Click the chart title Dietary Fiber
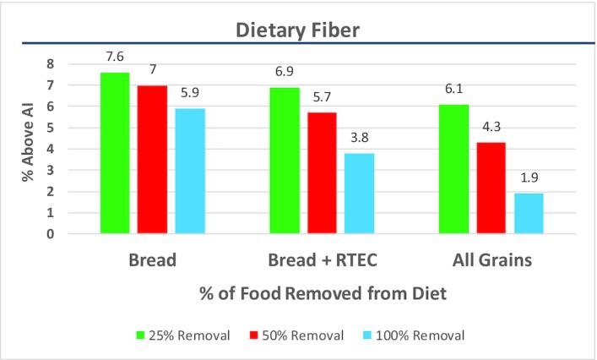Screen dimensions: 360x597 [x=297, y=32]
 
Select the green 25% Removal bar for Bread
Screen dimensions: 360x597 [x=115, y=153]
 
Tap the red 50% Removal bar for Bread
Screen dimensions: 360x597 [x=153, y=160]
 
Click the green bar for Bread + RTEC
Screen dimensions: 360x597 [x=285, y=161]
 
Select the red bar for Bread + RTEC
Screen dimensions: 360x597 [x=322, y=173]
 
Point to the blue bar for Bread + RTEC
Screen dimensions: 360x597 [x=360, y=194]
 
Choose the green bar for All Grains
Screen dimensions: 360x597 [x=453, y=169]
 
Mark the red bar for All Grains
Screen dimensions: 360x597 [x=491, y=188]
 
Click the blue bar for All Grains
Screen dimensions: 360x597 [x=529, y=214]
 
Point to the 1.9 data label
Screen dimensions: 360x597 [x=529, y=179]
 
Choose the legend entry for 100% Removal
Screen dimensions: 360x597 [x=417, y=335]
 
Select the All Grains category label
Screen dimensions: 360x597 [x=491, y=260]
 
